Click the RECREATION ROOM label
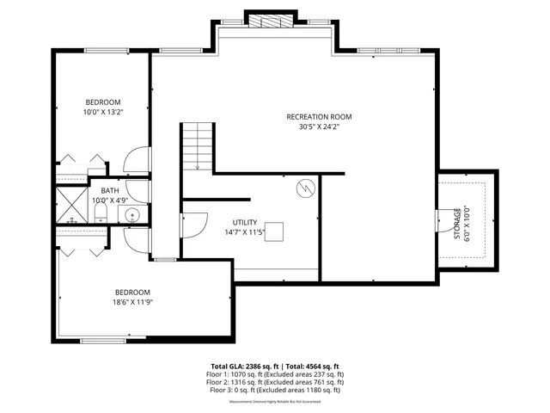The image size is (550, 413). point(319,117)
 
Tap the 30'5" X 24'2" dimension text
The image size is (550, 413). point(319,127)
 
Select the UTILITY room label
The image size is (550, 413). point(245,222)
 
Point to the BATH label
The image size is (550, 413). point(110,191)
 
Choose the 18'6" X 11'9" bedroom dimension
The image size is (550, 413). point(132,302)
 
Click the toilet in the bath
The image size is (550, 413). point(99,213)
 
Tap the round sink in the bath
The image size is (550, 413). point(132,215)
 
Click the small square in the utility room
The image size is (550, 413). point(274,231)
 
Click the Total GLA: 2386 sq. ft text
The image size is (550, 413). point(243,366)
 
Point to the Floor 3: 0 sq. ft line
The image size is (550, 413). point(274,391)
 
